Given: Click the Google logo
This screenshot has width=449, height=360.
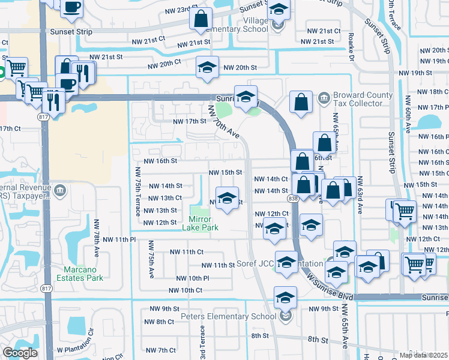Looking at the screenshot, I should click(20, 353).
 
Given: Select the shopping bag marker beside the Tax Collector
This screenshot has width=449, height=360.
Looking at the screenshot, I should click(301, 102).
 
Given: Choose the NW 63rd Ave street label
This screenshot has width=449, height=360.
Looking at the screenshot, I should click(360, 196).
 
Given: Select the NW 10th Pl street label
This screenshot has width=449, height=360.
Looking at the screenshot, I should click(193, 278).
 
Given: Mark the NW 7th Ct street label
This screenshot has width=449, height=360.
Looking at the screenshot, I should click(160, 350).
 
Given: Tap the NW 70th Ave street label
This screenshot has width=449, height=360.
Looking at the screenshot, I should click(223, 122).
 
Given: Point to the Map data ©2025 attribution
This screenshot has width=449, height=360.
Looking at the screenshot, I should click(423, 355).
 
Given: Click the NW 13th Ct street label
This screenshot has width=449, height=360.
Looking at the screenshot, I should click(164, 198).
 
